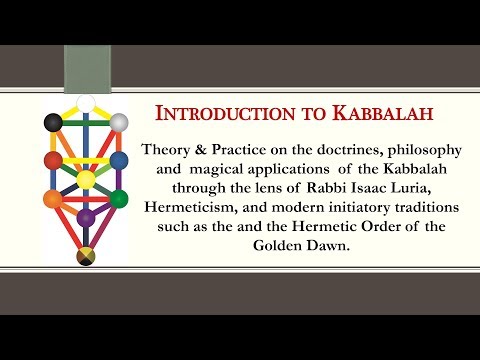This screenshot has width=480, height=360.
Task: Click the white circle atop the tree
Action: tap(86, 102)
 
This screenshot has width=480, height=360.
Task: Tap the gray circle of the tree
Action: tap(119, 123)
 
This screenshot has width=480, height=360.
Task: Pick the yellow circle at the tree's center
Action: tap(86, 180)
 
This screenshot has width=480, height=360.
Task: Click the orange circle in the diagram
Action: tap(53, 199)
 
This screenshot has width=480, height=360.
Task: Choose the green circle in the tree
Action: tap(119, 199)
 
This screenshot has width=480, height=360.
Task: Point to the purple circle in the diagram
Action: tap(86, 216)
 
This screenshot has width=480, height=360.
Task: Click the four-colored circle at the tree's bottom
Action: tap(86, 259)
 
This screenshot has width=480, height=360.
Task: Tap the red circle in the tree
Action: tap(54, 160)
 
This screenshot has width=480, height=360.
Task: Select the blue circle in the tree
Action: tap(119, 160)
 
